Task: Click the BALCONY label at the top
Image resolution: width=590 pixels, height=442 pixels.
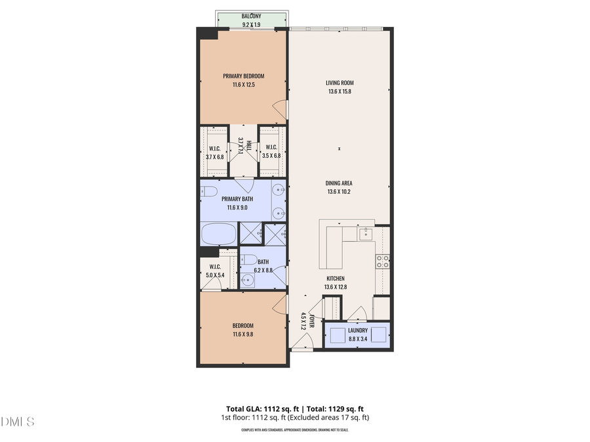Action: [251, 16]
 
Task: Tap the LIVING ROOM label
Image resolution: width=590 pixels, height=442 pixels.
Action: [340, 83]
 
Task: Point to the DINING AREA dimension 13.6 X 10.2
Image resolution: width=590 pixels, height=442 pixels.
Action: [340, 192]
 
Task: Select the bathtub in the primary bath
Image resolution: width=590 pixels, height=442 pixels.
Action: [218, 234]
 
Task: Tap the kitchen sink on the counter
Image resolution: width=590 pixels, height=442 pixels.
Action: [365, 233]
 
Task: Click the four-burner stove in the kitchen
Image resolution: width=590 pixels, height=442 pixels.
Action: [382, 261]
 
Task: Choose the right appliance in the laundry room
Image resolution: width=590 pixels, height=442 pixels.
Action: [378, 335]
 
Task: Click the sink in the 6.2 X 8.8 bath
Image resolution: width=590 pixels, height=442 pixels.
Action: [247, 280]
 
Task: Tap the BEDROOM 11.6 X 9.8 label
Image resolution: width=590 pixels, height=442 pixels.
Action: [243, 330]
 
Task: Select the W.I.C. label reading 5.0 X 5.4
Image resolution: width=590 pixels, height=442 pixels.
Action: [215, 271]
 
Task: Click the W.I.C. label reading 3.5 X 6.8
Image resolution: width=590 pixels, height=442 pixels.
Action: [271, 151]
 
